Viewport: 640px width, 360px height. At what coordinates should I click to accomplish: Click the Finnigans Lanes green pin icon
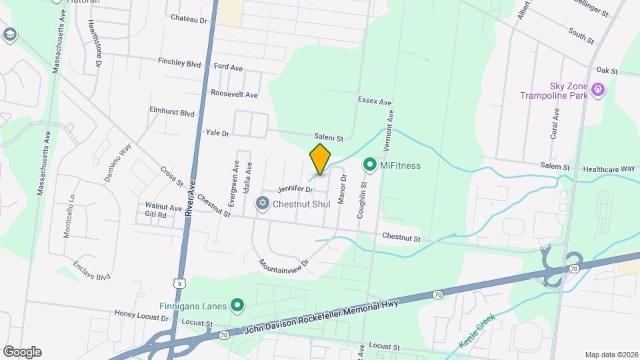coord(236,307)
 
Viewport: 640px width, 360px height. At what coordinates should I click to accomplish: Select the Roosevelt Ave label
coord(234,95)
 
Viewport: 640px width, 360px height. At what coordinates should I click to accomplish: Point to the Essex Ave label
coord(374,101)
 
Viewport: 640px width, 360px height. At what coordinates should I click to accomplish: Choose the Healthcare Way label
coord(609,169)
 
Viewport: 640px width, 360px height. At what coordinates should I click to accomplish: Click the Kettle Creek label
coord(477,331)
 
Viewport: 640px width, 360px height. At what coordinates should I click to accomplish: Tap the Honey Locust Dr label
coord(143,313)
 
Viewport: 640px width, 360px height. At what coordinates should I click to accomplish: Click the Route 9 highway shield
coord(177,283)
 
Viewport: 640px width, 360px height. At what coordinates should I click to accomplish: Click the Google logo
coord(22,352)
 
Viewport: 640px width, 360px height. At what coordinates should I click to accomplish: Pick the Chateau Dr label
coord(189,19)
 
